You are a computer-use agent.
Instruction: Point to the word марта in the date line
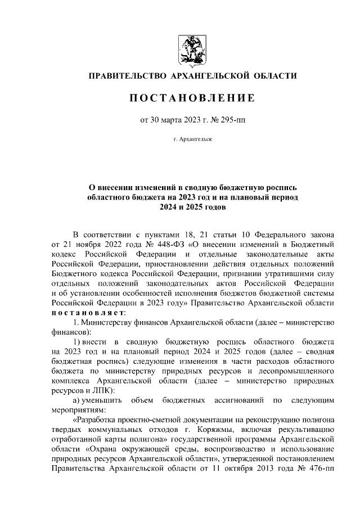(172, 119)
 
